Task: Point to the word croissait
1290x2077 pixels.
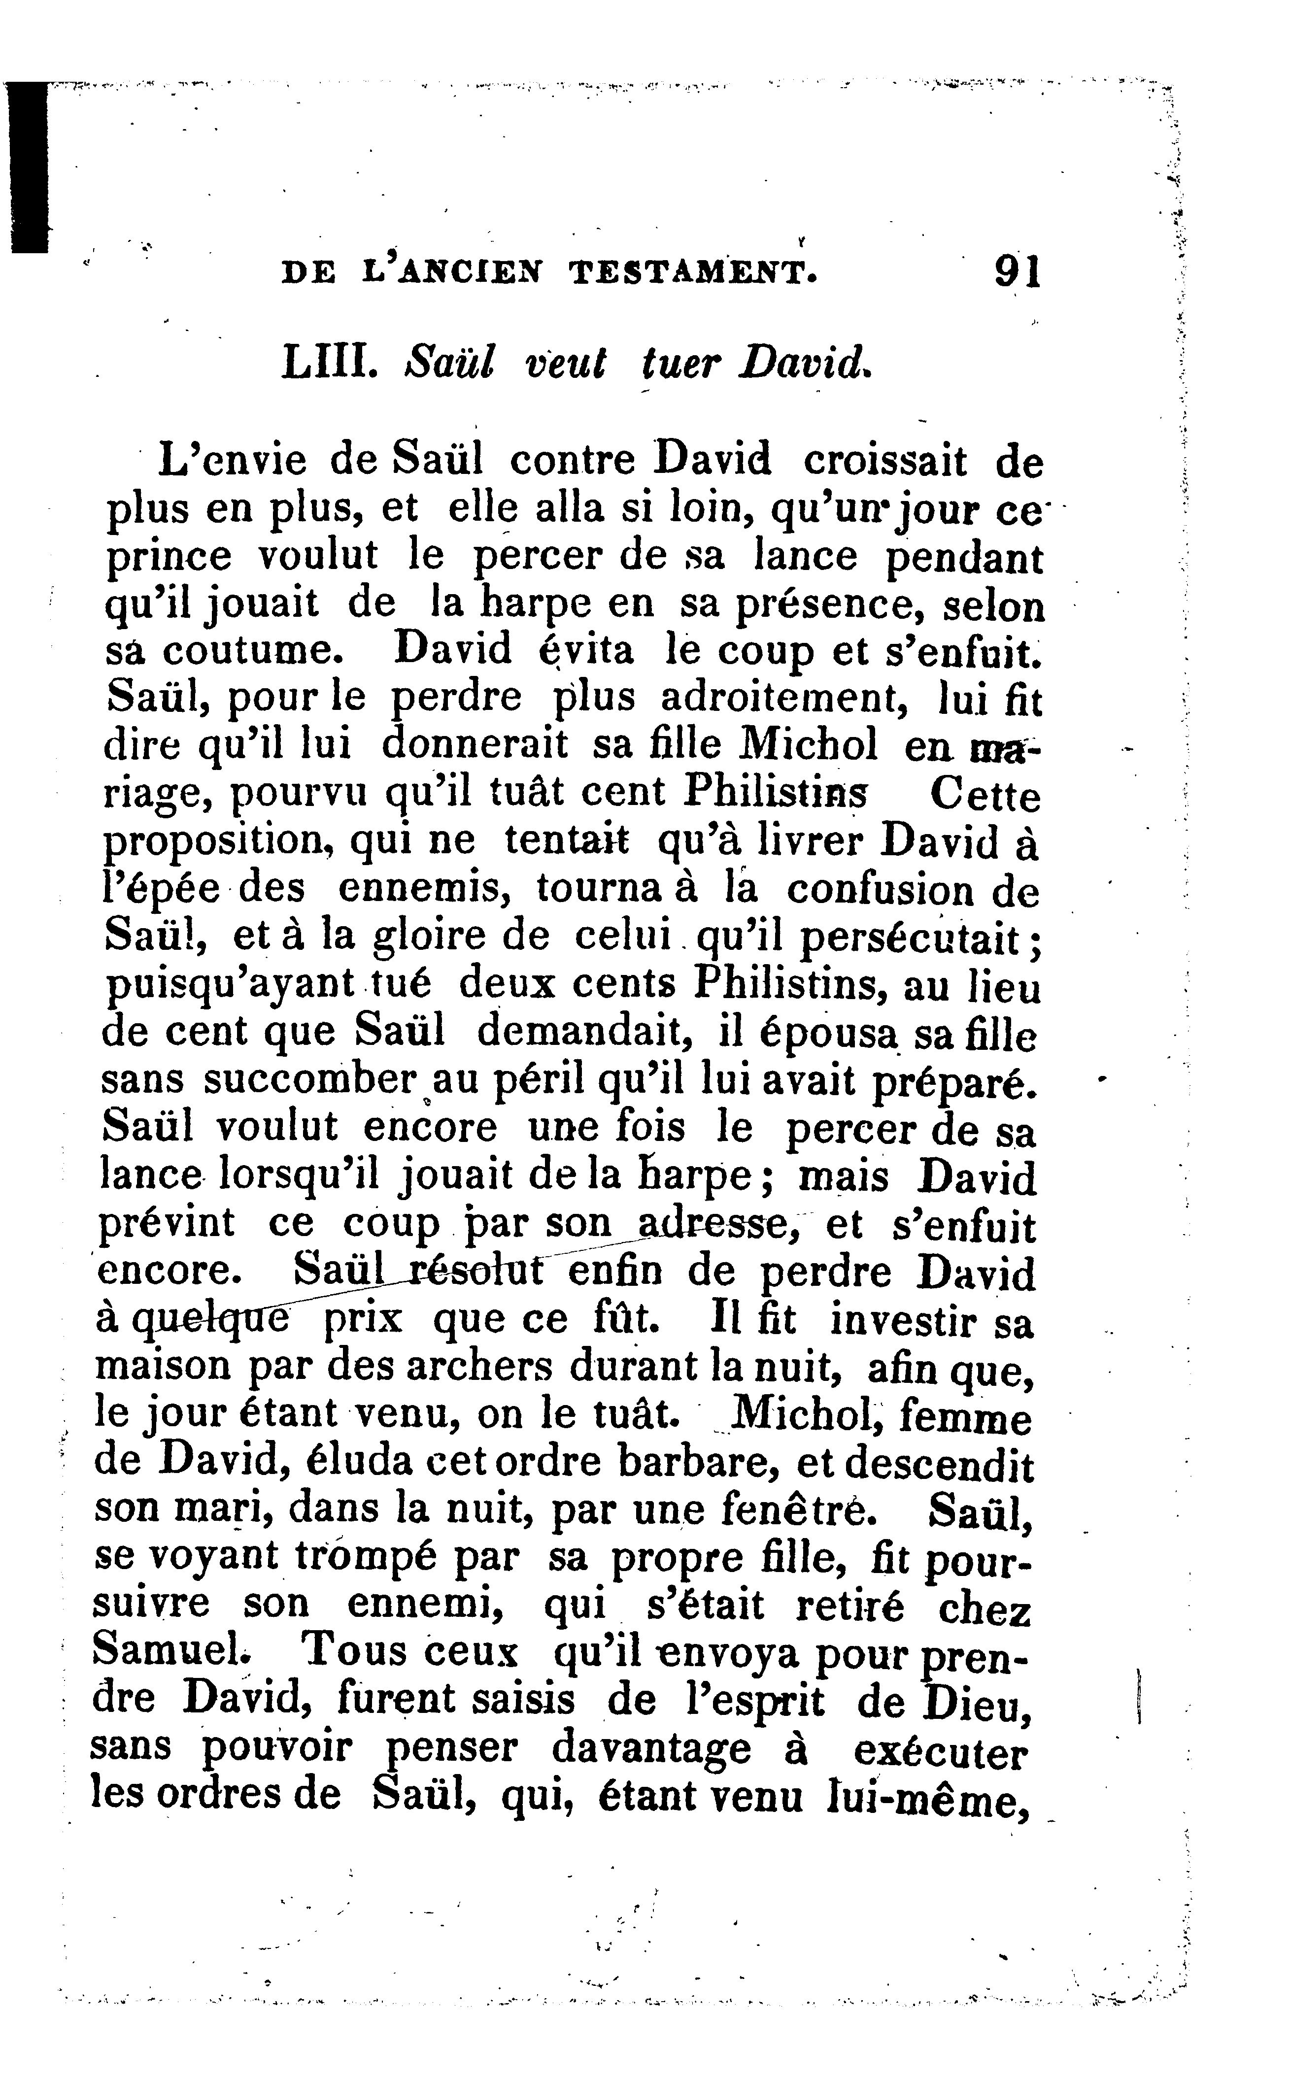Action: pyautogui.click(x=885, y=462)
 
